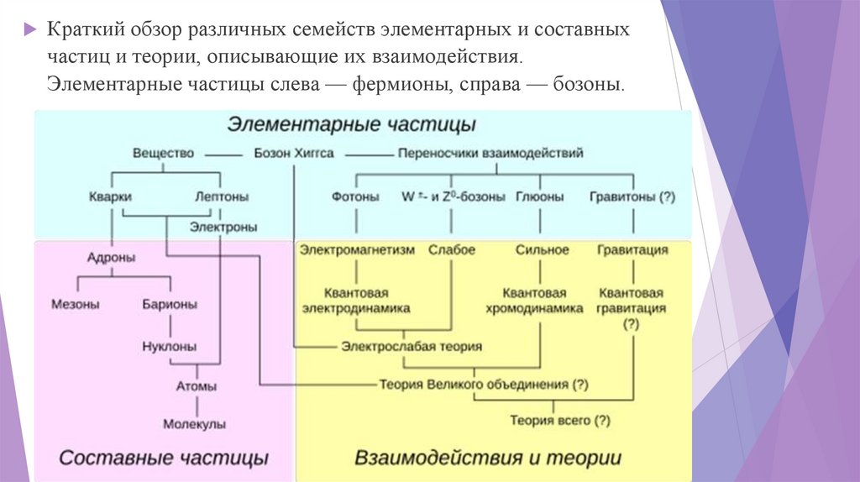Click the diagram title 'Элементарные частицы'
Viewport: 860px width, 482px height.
(352, 124)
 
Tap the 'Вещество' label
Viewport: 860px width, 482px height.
(163, 154)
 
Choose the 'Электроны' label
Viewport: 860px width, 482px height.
(223, 227)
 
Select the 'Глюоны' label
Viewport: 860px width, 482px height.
(537, 196)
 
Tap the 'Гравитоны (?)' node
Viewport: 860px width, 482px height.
(632, 196)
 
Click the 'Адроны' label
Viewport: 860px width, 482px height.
(110, 258)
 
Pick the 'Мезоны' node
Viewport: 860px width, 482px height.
(76, 304)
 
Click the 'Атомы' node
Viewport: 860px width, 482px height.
(196, 387)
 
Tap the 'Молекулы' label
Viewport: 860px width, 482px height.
(195, 425)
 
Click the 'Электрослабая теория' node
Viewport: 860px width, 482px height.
(412, 346)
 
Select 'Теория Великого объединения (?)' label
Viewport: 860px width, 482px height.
(483, 384)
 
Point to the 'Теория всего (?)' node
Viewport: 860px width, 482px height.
(560, 420)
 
